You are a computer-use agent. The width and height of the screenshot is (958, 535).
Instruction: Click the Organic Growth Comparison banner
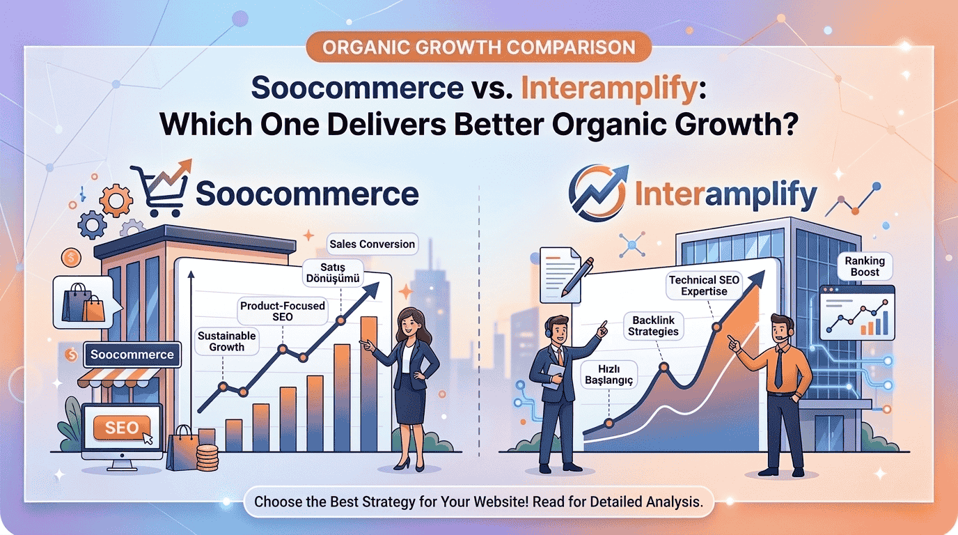tap(479, 48)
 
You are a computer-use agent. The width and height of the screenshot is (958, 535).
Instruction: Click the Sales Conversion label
tap(372, 244)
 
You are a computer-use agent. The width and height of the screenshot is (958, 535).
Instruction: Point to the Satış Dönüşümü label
tap(332, 272)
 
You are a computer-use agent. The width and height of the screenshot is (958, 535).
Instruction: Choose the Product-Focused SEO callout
tap(282, 311)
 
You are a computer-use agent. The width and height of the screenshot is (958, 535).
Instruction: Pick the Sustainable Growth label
tap(226, 341)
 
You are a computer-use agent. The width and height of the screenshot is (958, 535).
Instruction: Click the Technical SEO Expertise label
tap(704, 285)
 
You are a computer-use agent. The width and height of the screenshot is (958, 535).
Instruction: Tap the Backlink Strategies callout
tap(653, 325)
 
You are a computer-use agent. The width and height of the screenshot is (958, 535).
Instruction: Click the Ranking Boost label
tap(865, 266)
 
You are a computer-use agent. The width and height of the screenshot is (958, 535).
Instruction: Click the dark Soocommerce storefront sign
tap(132, 355)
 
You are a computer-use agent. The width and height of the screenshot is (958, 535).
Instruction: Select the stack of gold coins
tap(207, 457)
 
